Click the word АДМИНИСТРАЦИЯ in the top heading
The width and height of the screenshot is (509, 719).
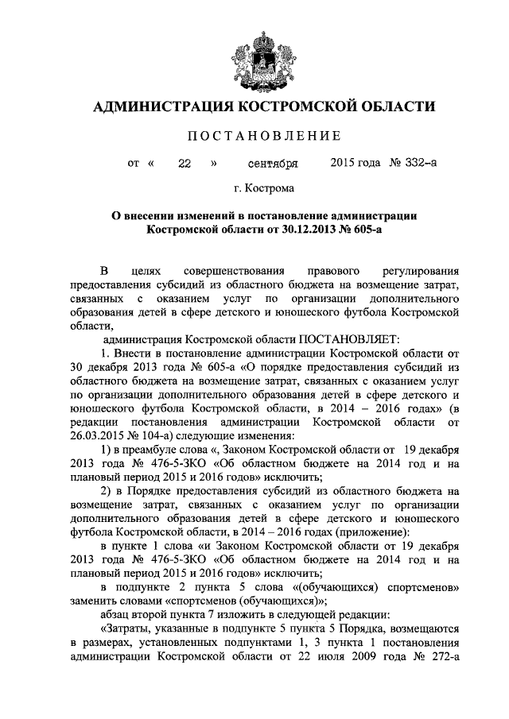pos(162,106)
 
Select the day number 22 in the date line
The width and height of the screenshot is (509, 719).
pos(185,164)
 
